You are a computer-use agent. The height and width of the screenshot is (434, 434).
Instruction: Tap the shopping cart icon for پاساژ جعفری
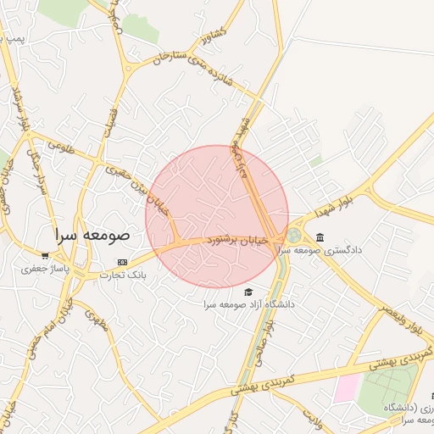[x=45, y=255]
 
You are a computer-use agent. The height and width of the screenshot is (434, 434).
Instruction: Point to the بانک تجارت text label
[x=124, y=274]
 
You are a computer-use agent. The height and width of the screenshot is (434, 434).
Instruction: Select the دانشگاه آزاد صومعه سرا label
[x=248, y=303]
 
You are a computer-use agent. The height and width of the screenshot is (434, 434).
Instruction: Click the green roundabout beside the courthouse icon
[x=294, y=236]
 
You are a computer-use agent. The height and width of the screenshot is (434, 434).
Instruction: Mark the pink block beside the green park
[x=346, y=389]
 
